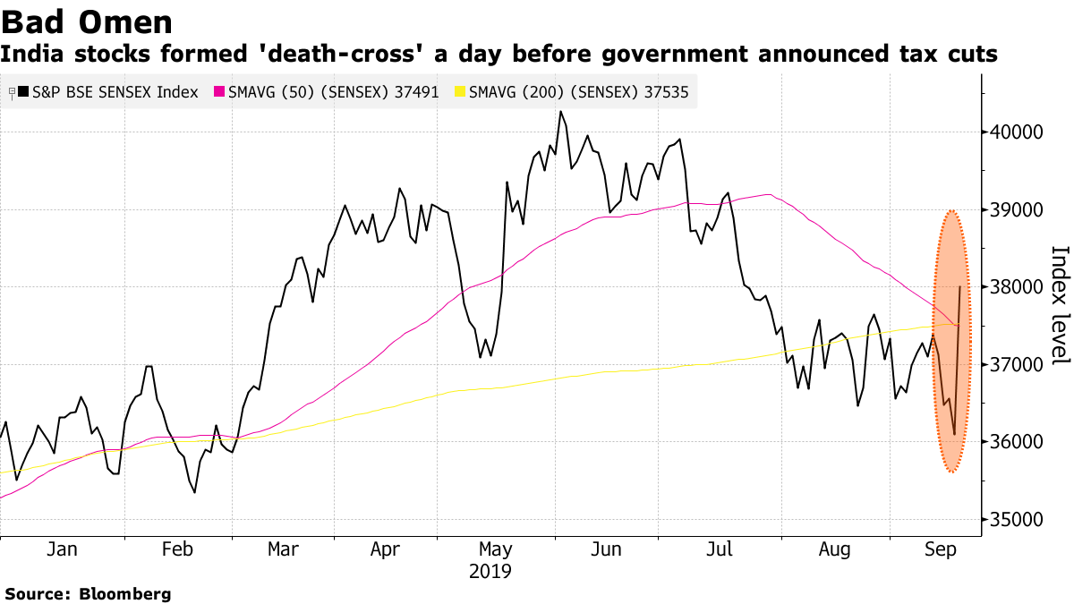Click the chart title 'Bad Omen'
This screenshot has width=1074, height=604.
87,21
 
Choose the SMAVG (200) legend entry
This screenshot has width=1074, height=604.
578,91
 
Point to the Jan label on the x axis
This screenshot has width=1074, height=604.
62,550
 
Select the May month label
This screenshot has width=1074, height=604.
495,550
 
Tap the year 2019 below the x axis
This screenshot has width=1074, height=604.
490,571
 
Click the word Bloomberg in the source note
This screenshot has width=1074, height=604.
125,594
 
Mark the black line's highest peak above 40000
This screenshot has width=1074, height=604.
560,112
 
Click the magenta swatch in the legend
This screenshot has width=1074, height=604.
217,91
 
